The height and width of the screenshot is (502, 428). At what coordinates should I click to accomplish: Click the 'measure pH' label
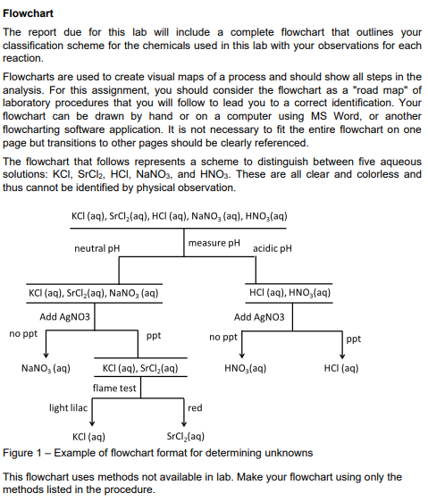[x=214, y=242]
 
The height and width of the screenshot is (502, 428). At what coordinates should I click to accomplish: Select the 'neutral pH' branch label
[x=97, y=247]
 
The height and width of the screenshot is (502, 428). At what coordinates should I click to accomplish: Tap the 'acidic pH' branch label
[x=273, y=247]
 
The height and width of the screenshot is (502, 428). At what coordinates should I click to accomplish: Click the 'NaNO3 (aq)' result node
[x=46, y=367]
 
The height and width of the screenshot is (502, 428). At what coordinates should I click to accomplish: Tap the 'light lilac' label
[x=68, y=408]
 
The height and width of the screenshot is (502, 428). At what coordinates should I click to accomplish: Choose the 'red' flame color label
[x=195, y=408]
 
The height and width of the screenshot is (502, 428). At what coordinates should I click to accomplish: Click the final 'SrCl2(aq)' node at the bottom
[x=186, y=438]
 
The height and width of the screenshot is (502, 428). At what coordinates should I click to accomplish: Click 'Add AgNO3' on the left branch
[x=65, y=317]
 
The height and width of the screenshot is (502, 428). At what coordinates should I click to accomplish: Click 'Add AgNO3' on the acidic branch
[x=259, y=317]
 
